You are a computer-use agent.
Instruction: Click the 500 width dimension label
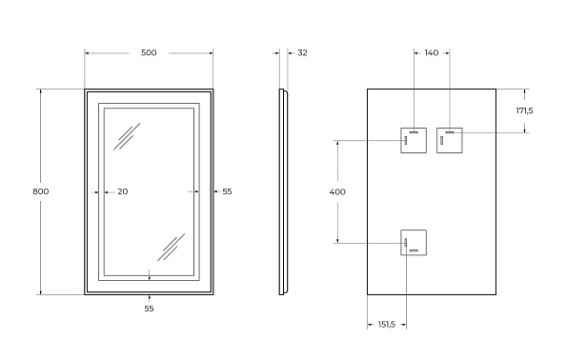149,53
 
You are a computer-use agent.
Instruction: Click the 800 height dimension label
41,191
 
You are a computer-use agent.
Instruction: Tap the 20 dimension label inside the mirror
123,191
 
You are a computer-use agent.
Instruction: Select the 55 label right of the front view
227,191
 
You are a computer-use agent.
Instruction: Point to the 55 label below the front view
149,309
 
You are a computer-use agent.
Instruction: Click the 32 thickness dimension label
302,53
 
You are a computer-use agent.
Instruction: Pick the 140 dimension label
432,53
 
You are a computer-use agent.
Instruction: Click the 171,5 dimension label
524,110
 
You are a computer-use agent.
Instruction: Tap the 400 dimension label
337,191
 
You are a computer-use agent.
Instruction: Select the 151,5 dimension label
387,325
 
